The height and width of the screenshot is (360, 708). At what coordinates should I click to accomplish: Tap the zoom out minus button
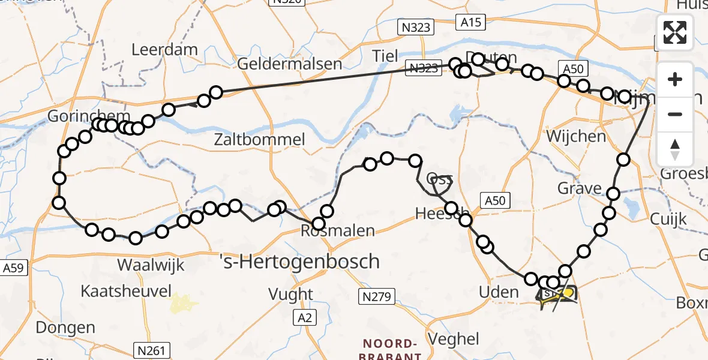(x=675, y=115)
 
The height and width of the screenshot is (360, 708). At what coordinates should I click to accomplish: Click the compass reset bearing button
(x=675, y=149)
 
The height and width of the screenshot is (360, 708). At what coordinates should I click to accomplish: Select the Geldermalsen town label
(x=290, y=64)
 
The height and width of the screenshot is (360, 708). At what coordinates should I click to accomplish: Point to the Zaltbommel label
(x=260, y=140)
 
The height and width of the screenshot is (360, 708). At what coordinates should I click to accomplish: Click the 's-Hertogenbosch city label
(x=300, y=262)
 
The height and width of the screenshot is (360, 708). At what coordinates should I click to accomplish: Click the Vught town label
(x=291, y=294)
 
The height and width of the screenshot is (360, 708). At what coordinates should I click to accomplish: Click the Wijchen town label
(x=576, y=136)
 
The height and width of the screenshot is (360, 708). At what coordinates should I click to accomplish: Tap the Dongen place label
(x=65, y=328)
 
